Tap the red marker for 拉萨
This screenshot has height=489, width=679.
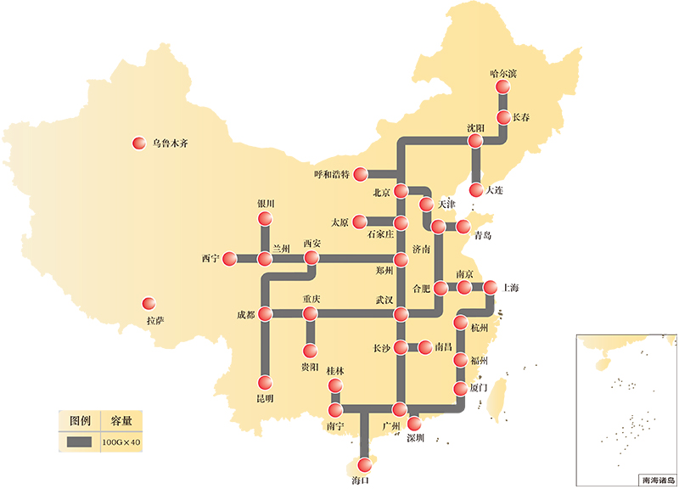149,303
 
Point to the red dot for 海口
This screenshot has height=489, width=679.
365,464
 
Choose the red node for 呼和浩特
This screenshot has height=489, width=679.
362,172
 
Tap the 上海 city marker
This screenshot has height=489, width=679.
490,287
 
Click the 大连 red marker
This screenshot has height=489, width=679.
477,190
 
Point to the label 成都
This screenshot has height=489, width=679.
246,314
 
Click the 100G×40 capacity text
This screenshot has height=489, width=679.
121,441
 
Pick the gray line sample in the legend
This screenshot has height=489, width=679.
80,441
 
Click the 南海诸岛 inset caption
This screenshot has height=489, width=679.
658,480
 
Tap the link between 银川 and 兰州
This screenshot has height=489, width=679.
265,239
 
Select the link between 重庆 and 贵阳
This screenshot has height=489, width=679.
310,332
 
